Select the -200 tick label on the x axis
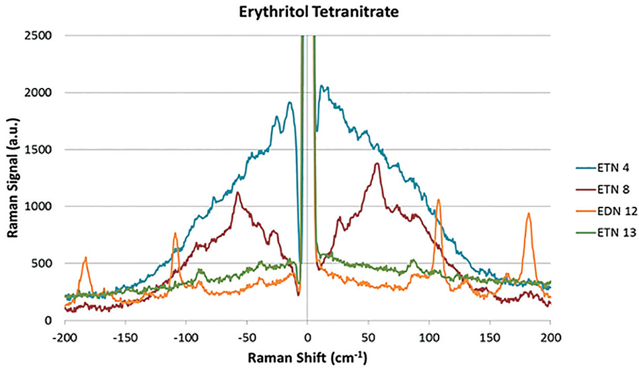tap(65, 332)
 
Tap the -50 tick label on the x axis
tap(247, 332)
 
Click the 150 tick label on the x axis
tap(490, 332)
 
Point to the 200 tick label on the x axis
tap(550, 332)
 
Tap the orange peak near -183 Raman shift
tap(85, 258)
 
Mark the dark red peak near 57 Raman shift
tap(377, 164)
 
